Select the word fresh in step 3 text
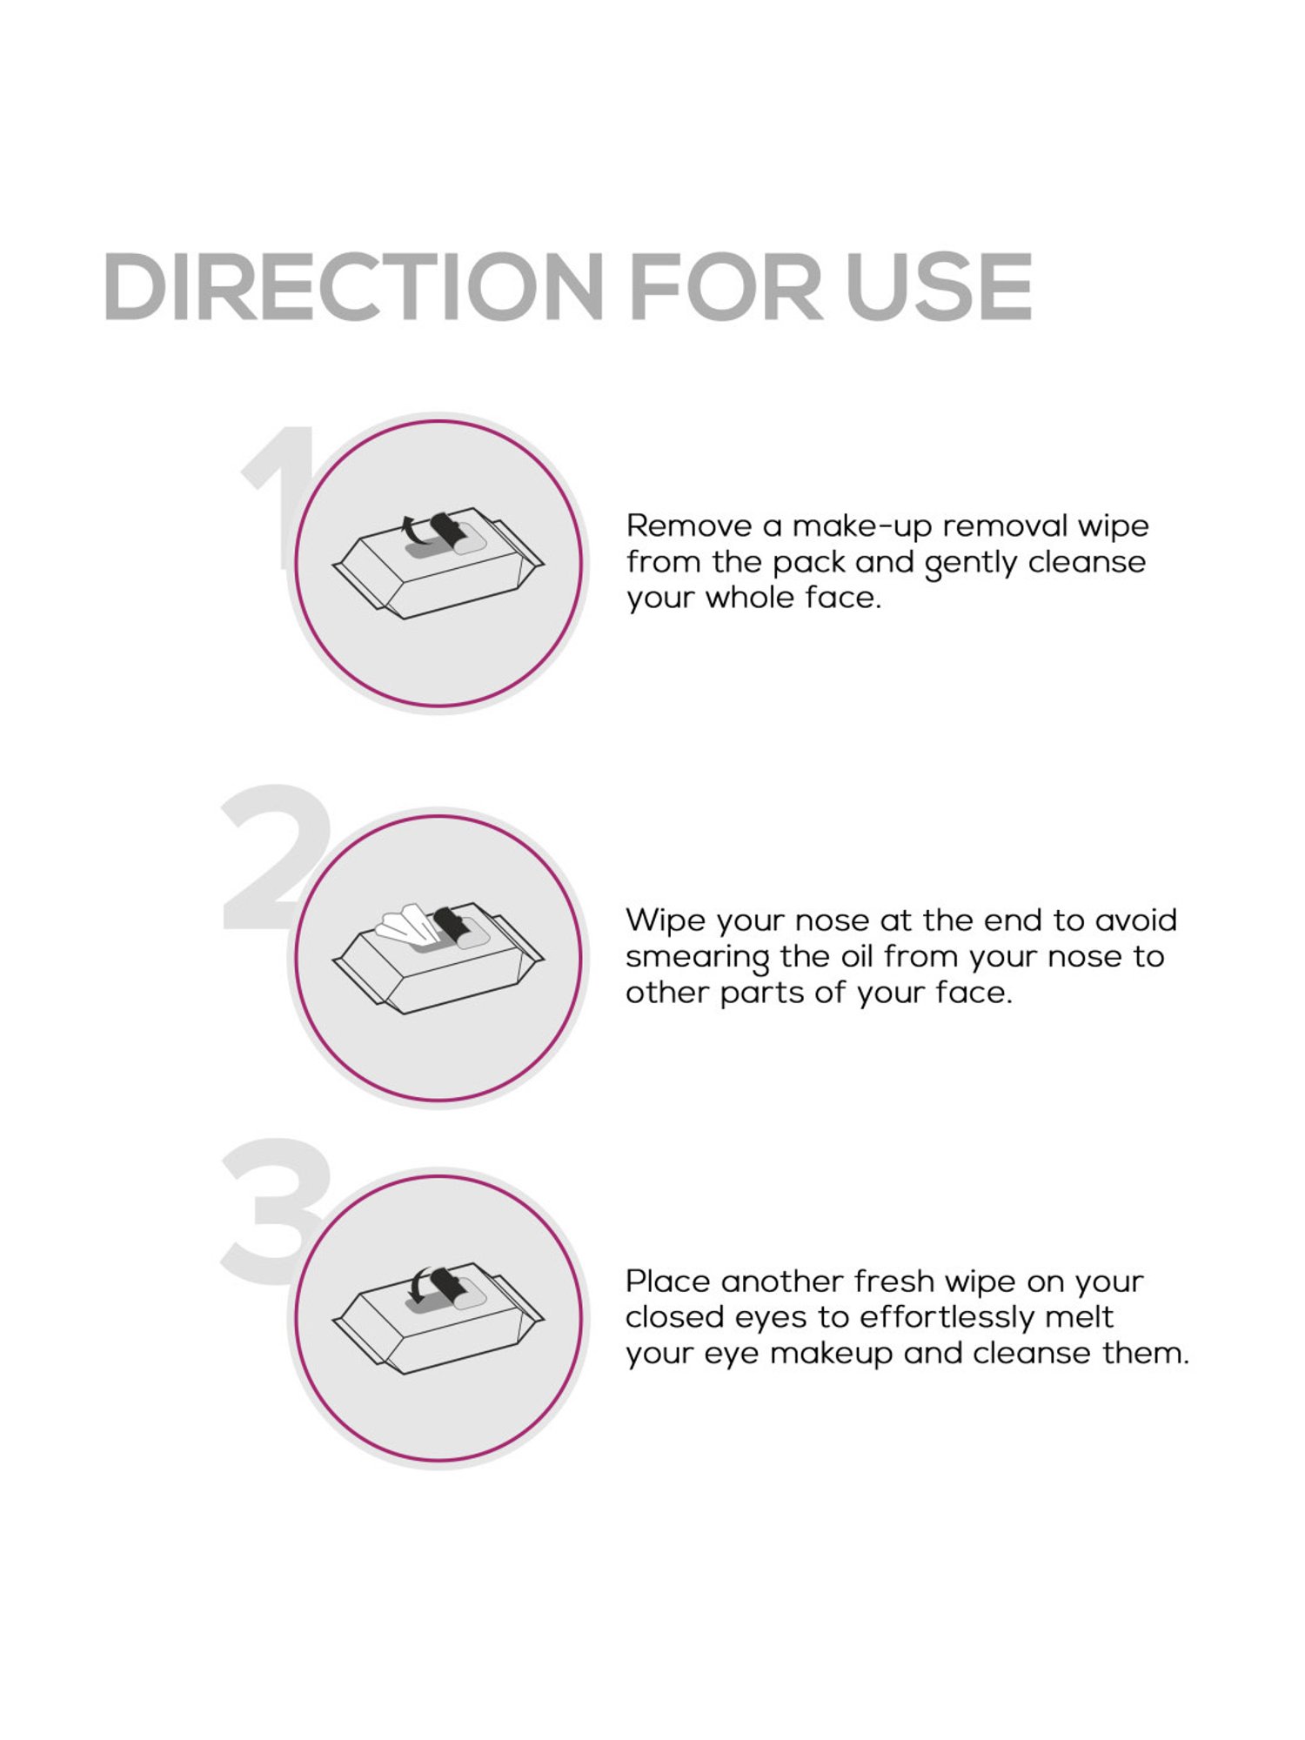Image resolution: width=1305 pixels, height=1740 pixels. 893,1282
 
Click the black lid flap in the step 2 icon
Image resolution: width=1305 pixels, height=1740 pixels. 450,923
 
